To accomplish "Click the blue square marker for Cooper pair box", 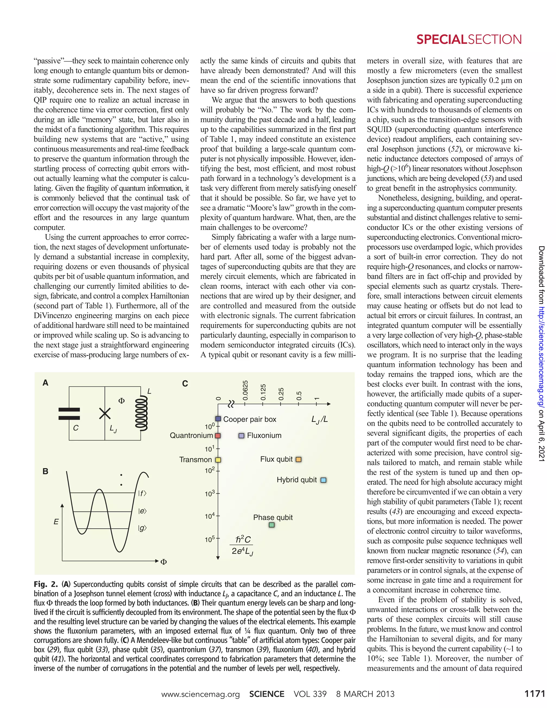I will click(218, 419).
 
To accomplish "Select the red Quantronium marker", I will click(218, 436).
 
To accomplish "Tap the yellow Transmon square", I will click(218, 460).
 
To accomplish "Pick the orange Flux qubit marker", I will click(298, 459).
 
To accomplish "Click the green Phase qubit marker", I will click(272, 525).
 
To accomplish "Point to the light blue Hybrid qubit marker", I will click(323, 480).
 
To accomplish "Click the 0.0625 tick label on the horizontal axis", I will click(246, 390).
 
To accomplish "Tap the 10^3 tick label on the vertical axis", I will click(210, 494).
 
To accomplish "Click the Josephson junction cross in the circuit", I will click(105, 413).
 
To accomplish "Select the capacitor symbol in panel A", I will click(69, 414).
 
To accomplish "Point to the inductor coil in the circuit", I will click(141, 413).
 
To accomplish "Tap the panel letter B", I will click(46, 471).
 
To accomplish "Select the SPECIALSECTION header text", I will click(469, 39).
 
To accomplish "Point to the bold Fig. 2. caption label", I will click(46, 584).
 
